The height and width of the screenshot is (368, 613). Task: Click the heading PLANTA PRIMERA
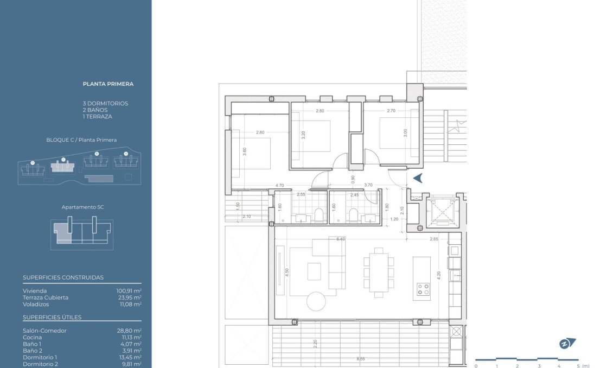[108, 84]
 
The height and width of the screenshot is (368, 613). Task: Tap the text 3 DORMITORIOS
[105, 103]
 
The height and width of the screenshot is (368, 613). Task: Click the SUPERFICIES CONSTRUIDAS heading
[63, 277]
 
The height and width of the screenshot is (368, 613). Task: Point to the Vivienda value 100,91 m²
[129, 291]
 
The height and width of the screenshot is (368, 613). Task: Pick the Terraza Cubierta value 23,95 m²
[130, 297]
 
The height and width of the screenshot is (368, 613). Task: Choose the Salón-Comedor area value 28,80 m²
[130, 331]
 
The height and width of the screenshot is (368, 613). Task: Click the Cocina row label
[32, 338]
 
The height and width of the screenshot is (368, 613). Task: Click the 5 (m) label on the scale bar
[582, 366]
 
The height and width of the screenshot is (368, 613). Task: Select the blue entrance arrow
[418, 178]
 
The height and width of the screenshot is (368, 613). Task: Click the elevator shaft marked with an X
[442, 211]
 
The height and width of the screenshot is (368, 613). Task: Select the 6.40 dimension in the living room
[341, 239]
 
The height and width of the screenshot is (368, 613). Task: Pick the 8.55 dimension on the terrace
[360, 359]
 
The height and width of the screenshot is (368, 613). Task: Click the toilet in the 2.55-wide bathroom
[319, 215]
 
